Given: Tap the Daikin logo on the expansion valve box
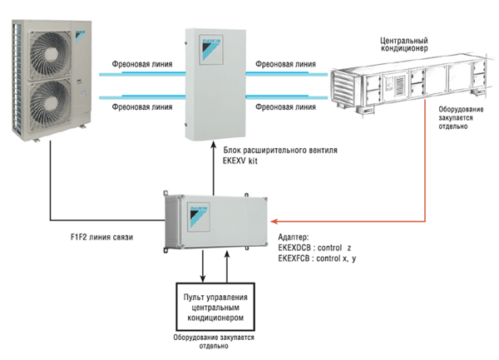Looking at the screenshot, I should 205,50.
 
